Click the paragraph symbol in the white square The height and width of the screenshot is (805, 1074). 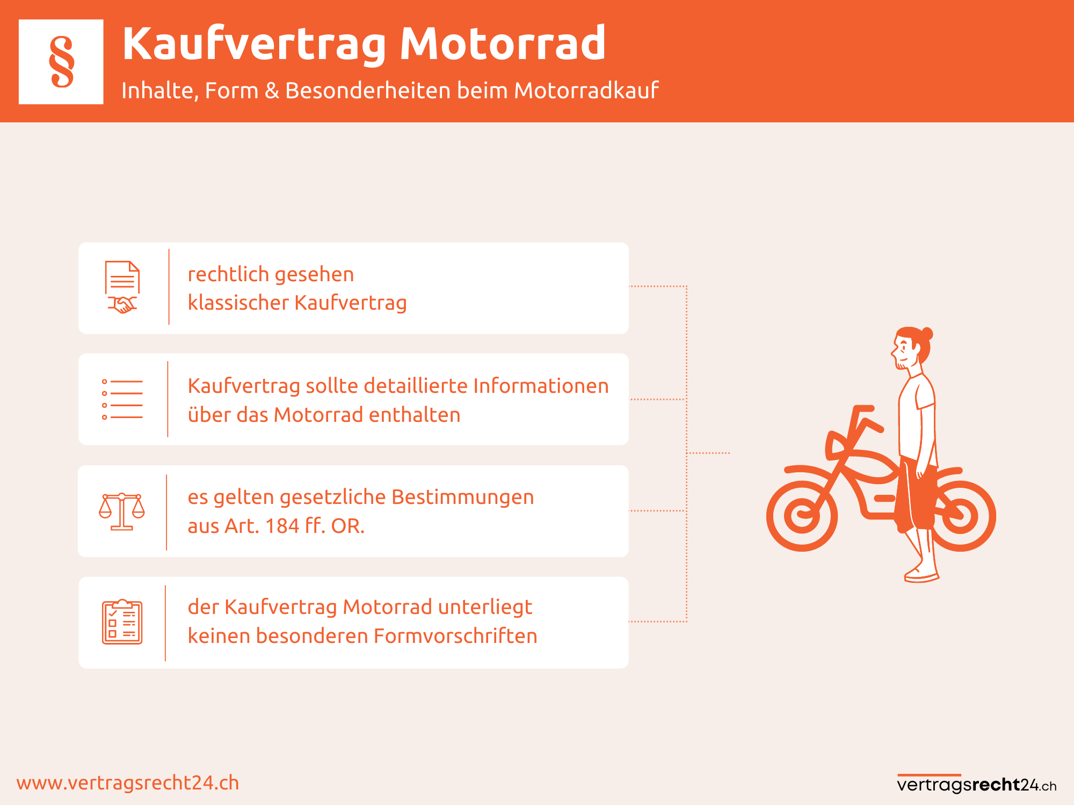pos(62,62)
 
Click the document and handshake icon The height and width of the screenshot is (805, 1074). pos(122,287)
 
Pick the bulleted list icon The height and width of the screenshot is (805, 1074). pos(122,399)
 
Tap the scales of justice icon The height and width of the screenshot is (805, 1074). pos(122,511)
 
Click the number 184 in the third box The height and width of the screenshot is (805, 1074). pos(282,526)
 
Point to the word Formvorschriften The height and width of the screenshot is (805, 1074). pos(455,636)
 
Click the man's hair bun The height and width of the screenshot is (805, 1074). pos(926,333)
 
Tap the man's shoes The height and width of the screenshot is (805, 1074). pos(921,573)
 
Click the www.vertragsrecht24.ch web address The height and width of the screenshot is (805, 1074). pos(128,783)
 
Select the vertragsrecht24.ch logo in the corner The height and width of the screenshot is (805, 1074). pos(977,784)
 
